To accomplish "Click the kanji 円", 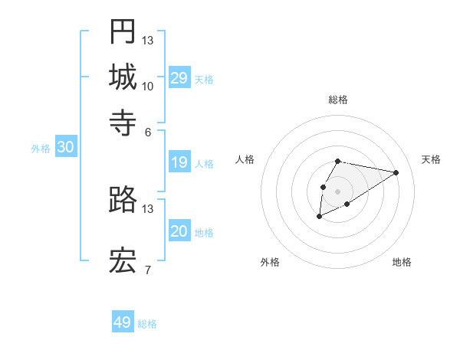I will pyautogui.click(x=123, y=31).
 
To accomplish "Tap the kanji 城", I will pyautogui.click(x=123, y=77).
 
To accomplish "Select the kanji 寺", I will pyautogui.click(x=123, y=123).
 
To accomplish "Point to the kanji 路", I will pyautogui.click(x=123, y=201).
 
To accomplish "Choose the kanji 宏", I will pyautogui.click(x=123, y=262).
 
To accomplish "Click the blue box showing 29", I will pyautogui.click(x=179, y=78).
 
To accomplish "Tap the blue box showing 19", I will pyautogui.click(x=179, y=162).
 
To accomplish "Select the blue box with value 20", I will pyautogui.click(x=179, y=232).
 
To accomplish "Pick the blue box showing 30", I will pyautogui.click(x=65, y=149).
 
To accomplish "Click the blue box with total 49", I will pyautogui.click(x=123, y=322).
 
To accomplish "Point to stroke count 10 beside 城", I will pyautogui.click(x=148, y=86).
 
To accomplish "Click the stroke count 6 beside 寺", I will pyautogui.click(x=148, y=132).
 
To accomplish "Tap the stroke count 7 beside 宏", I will pyautogui.click(x=148, y=270).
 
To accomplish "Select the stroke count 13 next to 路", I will pyautogui.click(x=148, y=208).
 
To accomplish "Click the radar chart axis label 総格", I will pyautogui.click(x=338, y=100).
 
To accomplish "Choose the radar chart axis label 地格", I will pyautogui.click(x=402, y=262).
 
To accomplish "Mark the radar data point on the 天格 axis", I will pyautogui.click(x=396, y=172).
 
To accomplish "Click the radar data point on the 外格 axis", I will pyautogui.click(x=319, y=217).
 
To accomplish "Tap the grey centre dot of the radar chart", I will pyautogui.click(x=337, y=191).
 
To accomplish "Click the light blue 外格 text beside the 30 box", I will pyautogui.click(x=41, y=149).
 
